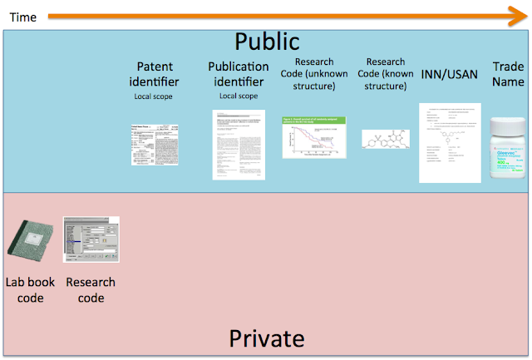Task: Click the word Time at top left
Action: (x=22, y=17)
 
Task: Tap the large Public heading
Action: (x=266, y=42)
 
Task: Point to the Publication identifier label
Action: (x=239, y=74)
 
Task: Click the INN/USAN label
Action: (x=451, y=74)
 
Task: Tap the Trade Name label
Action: (x=508, y=73)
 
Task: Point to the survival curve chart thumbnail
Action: (x=313, y=136)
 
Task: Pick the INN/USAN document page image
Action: (x=450, y=142)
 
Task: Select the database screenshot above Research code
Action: (x=91, y=239)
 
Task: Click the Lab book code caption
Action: (x=31, y=290)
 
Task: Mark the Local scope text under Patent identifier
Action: (x=155, y=96)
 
